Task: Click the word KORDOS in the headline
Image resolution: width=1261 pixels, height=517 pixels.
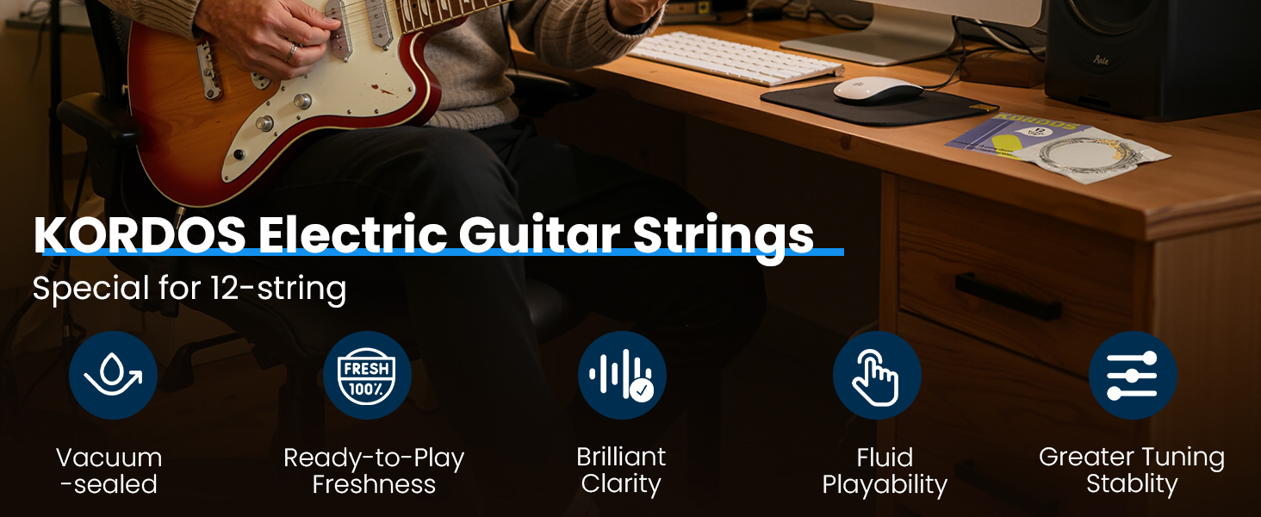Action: coord(140,234)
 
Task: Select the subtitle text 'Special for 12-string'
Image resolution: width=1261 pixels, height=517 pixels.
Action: coord(189,289)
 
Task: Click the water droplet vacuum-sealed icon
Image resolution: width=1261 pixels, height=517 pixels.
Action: coord(113,375)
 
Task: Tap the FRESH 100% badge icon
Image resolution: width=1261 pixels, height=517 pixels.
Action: coord(367,375)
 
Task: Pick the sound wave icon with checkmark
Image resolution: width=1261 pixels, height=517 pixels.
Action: coord(622,375)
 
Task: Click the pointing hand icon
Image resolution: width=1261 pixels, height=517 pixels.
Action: coord(877,375)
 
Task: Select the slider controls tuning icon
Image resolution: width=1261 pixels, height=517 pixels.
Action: coord(1133,375)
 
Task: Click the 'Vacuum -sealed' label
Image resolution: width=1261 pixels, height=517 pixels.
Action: coord(109,470)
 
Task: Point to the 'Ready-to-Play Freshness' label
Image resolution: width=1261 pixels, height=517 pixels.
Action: coord(374,470)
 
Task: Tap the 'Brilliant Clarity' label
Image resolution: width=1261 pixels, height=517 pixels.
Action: coord(621,470)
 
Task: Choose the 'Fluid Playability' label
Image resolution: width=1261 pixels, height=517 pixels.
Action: coord(885,470)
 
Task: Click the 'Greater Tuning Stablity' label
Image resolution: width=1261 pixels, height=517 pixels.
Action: coord(1132,470)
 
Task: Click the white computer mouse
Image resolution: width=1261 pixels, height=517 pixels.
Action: coord(878,90)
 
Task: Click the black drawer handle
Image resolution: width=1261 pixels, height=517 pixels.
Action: coord(1008,296)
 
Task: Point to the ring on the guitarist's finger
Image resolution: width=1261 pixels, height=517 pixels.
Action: coord(292,53)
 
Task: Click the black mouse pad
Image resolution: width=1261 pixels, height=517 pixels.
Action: coord(879,104)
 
